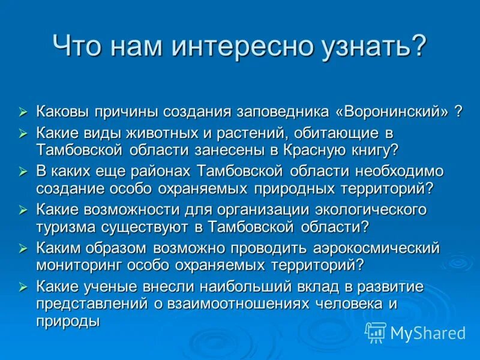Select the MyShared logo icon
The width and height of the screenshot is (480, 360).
pyautogui.click(x=376, y=332)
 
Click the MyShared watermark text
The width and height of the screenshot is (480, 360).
pyautogui.click(x=428, y=332)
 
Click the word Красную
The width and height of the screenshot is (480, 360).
pyautogui.click(x=333, y=149)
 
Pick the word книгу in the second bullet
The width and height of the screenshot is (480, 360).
pyautogui.click(x=377, y=149)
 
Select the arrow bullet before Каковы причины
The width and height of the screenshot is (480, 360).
pyautogui.click(x=23, y=112)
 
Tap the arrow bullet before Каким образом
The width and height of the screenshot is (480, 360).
pyautogui.click(x=23, y=248)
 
